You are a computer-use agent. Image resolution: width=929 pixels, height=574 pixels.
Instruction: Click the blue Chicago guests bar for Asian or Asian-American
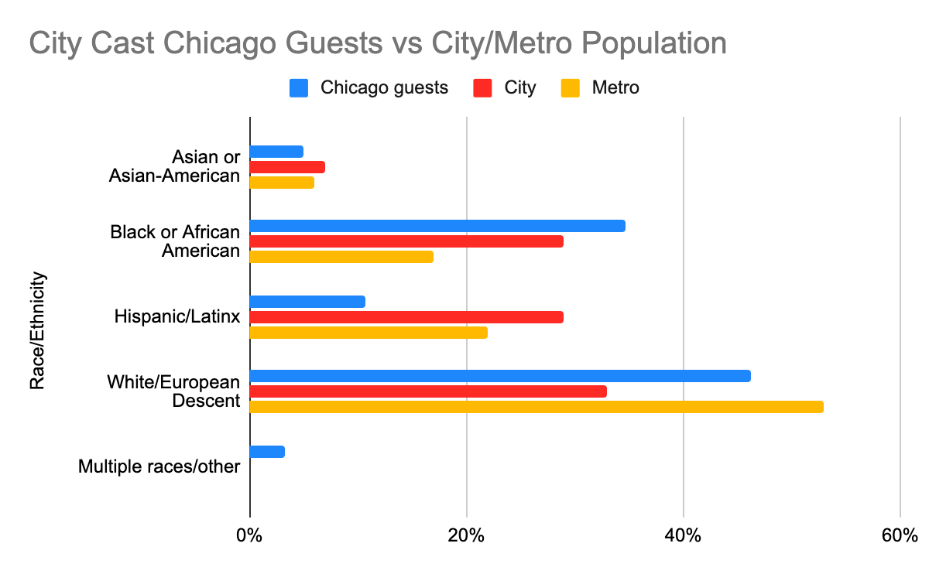276,152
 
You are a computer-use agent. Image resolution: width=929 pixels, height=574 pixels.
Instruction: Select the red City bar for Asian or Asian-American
287,167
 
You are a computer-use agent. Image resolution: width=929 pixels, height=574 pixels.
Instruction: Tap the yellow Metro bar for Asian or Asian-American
282,183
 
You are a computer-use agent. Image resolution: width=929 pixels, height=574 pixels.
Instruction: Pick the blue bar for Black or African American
437,226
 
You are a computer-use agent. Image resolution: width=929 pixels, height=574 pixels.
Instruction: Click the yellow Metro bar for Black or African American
341,257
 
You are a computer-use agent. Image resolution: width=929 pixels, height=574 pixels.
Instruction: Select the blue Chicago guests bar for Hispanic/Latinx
307,302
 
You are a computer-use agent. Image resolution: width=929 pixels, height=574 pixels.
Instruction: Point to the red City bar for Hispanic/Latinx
406,317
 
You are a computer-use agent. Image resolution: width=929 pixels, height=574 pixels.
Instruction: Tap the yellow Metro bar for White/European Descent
536,407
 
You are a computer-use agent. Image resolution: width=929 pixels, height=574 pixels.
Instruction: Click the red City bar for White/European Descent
428,391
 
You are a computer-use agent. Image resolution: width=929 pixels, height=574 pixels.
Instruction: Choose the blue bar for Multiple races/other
267,452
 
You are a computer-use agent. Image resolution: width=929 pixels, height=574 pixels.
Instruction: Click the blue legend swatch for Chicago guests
299,88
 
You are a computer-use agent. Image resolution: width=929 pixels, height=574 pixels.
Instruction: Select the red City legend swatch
483,88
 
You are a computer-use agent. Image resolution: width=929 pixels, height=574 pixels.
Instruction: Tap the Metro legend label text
615,88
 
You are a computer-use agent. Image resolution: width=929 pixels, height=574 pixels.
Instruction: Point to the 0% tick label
249,535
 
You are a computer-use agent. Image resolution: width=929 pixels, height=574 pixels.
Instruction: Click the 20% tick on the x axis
466,535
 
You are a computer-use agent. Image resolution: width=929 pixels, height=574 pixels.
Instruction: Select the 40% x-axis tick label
684,535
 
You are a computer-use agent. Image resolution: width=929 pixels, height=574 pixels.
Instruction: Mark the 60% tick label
900,535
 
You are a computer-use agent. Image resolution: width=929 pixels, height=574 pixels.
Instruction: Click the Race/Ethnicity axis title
37,330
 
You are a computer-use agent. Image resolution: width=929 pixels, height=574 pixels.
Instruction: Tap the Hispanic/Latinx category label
177,316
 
